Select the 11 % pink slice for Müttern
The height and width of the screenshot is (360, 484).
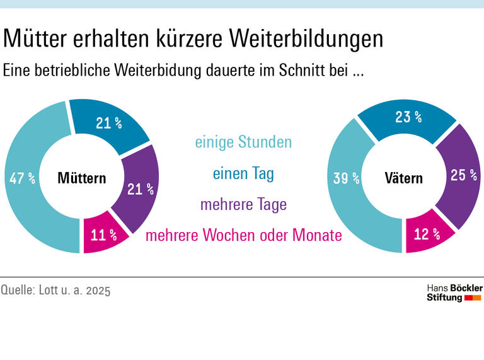(x=103, y=235)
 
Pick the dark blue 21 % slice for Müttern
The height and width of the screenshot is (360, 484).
(x=109, y=124)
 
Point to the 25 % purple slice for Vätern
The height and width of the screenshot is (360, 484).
(x=463, y=175)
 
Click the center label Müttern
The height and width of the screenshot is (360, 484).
(x=81, y=178)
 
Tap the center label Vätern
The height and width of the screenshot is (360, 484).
(x=403, y=178)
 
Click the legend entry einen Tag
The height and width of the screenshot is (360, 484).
(x=243, y=173)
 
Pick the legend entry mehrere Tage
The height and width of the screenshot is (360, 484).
(x=243, y=204)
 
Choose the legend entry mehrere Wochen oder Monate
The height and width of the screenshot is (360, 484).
(x=243, y=236)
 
